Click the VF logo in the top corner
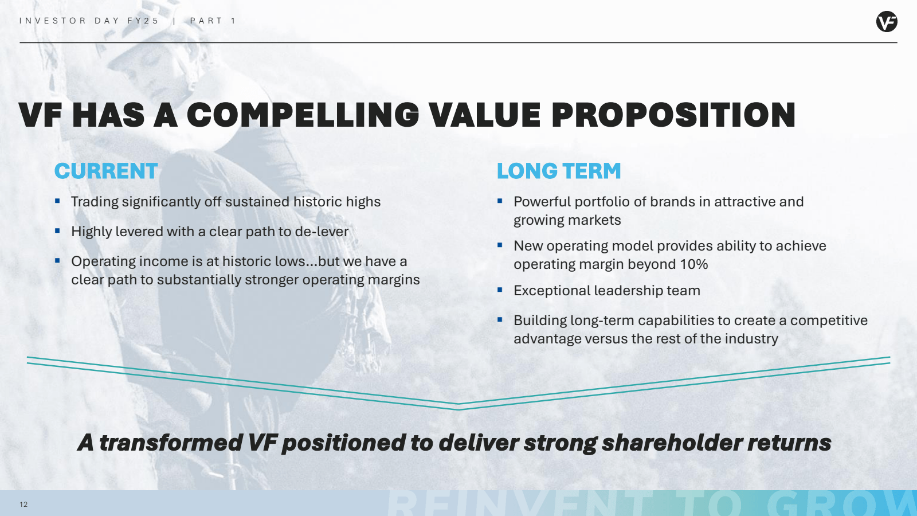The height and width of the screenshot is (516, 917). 886,22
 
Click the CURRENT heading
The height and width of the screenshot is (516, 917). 106,171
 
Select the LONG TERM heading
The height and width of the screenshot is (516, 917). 559,171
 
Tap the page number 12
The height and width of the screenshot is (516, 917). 23,505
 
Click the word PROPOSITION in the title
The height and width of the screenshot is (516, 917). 673,115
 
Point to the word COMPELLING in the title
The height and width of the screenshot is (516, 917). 303,115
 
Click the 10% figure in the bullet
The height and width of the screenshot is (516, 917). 693,264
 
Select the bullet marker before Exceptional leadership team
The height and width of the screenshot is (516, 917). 500,290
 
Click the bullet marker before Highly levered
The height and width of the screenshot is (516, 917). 57,231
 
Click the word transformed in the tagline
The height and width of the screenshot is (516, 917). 171,443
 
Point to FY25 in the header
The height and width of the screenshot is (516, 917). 143,21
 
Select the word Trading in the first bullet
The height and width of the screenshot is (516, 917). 95,202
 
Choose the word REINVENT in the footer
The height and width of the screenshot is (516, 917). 519,505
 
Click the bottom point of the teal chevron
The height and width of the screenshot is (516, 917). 458,406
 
